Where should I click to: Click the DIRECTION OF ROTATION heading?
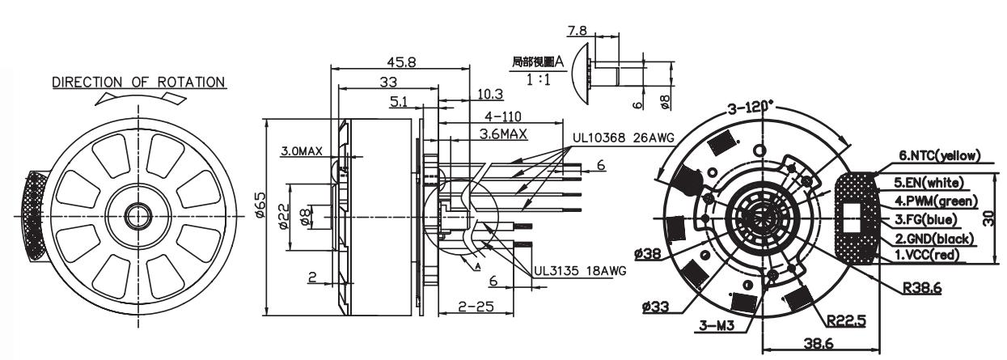click(138, 83)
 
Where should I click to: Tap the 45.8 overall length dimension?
click(396, 63)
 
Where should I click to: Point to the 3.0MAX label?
click(302, 150)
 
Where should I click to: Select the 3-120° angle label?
click(751, 108)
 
